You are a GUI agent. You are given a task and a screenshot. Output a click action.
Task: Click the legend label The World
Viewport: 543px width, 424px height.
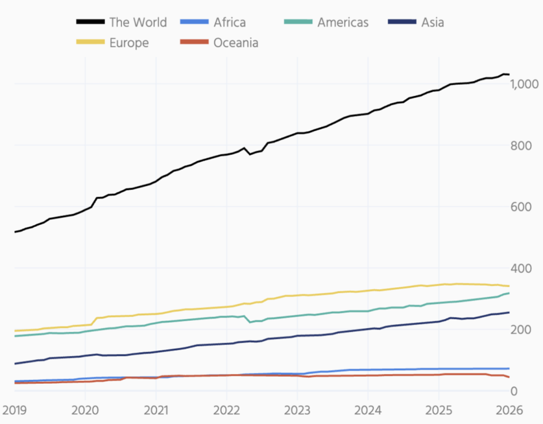[x=138, y=22]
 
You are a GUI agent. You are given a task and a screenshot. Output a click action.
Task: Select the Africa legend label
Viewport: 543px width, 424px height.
[x=230, y=22]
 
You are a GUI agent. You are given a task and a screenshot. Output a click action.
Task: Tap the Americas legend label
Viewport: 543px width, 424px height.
[x=343, y=22]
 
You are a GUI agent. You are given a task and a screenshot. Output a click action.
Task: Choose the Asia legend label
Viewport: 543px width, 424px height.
[x=433, y=22]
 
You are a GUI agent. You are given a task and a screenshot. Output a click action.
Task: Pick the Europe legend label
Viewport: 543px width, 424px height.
[x=129, y=43]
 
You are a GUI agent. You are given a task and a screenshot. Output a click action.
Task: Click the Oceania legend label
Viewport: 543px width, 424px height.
[x=236, y=43]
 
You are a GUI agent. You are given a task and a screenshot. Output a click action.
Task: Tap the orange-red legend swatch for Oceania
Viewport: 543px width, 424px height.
[x=194, y=43]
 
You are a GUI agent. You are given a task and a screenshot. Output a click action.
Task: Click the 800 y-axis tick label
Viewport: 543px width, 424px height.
[x=527, y=146]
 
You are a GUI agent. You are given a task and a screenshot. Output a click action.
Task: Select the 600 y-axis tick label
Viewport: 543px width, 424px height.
[x=527, y=207]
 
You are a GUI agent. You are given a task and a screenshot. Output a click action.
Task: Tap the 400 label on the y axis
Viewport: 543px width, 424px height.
[x=527, y=269]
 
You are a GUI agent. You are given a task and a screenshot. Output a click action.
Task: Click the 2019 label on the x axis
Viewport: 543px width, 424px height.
[x=14, y=410]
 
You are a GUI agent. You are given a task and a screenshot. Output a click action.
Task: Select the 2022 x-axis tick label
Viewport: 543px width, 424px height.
[x=226, y=410]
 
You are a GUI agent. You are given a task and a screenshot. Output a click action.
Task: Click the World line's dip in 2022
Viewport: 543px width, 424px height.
[x=250, y=154]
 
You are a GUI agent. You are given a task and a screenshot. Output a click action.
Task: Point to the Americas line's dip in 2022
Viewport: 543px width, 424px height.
[x=250, y=322]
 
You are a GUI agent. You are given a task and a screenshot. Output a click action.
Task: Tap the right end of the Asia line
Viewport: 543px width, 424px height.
[x=509, y=312]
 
